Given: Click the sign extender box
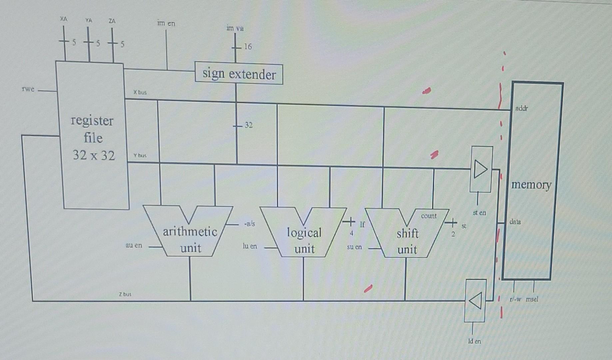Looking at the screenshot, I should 239,74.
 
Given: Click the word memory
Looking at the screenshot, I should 531,184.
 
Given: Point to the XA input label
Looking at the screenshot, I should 64,19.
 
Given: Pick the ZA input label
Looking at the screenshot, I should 112,21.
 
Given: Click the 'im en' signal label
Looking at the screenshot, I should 166,23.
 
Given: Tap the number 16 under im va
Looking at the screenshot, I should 248,47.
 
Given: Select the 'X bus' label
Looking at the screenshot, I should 140,92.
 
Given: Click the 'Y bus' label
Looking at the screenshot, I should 140,155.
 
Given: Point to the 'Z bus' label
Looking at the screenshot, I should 125,294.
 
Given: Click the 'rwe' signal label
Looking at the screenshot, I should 28,89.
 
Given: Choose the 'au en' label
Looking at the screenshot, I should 134,245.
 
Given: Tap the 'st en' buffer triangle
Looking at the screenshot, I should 480,169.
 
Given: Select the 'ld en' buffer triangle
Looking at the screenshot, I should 475,301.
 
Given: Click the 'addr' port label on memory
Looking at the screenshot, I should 521,108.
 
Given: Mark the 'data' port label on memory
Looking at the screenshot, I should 515,222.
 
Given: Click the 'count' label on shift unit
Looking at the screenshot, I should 429,216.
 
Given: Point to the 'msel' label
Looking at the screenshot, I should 532,299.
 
